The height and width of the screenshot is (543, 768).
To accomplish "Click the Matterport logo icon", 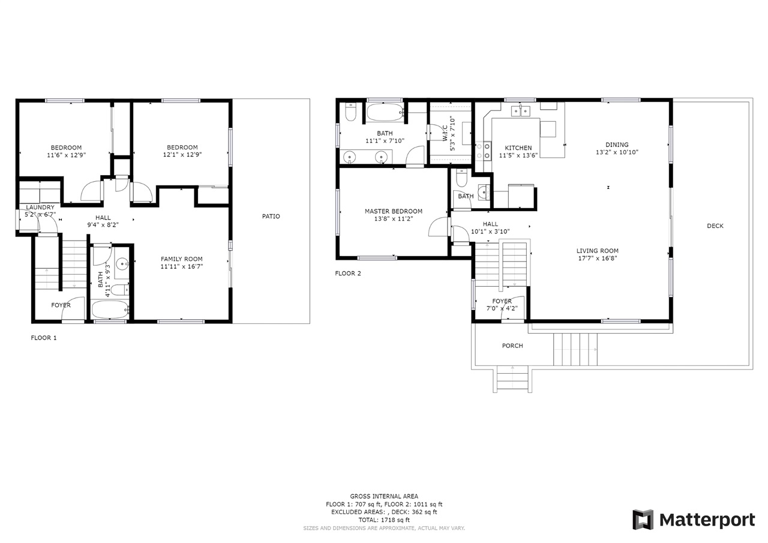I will click(x=643, y=520).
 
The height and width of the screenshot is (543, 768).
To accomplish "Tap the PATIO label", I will click(x=271, y=217).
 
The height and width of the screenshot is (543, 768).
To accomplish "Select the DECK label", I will click(x=715, y=226).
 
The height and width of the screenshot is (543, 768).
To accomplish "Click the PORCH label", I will click(x=512, y=346).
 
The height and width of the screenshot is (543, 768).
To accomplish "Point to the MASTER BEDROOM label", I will click(x=393, y=211).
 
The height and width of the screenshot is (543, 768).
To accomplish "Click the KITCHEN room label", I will click(x=518, y=148).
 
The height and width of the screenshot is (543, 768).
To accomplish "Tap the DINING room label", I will click(x=617, y=145).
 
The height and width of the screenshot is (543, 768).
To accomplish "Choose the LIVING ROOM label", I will click(x=597, y=251).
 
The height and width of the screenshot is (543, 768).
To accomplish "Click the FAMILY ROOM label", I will click(x=181, y=259).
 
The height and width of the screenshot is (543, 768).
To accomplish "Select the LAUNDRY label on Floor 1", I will click(x=40, y=208).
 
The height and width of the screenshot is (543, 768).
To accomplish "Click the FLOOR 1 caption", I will click(x=44, y=338).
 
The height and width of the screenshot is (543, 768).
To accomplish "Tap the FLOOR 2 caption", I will click(x=348, y=274).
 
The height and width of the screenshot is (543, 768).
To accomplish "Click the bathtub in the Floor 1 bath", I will click(x=110, y=310).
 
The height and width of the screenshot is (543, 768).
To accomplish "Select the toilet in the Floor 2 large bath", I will click(x=351, y=112).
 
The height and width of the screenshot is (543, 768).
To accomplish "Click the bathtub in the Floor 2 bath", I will click(x=385, y=112).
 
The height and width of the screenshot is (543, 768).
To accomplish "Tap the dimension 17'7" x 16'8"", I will click(x=597, y=259).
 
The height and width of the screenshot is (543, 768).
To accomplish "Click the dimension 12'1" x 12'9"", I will click(x=182, y=155).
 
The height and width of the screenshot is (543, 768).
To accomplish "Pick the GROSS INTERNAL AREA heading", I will click(x=384, y=496).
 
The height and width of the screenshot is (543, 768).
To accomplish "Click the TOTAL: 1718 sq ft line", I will click(x=384, y=520).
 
